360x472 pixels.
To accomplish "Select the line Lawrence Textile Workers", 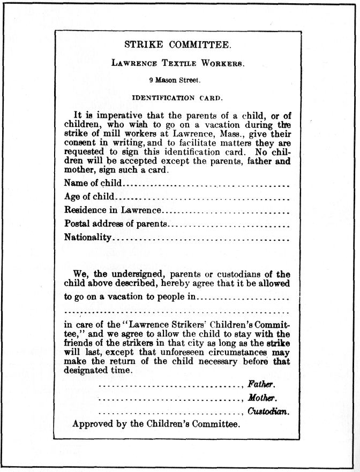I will click(x=178, y=63).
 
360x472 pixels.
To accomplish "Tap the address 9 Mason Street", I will click(x=175, y=81).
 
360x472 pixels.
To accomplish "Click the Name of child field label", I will click(x=93, y=184).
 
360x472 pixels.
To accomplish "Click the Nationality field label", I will click(x=88, y=237).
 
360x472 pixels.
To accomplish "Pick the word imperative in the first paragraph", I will click(x=114, y=115).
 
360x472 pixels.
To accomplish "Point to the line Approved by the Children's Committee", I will click(x=156, y=424).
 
